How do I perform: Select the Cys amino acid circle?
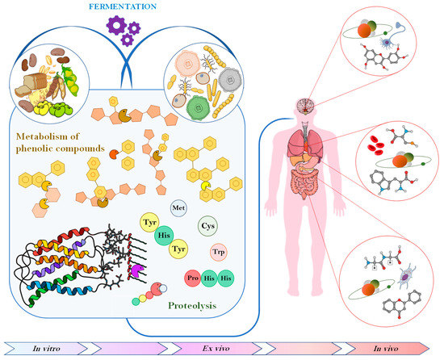[x=208, y=228]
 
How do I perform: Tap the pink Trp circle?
[x=218, y=253]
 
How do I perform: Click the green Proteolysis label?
[x=195, y=307]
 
